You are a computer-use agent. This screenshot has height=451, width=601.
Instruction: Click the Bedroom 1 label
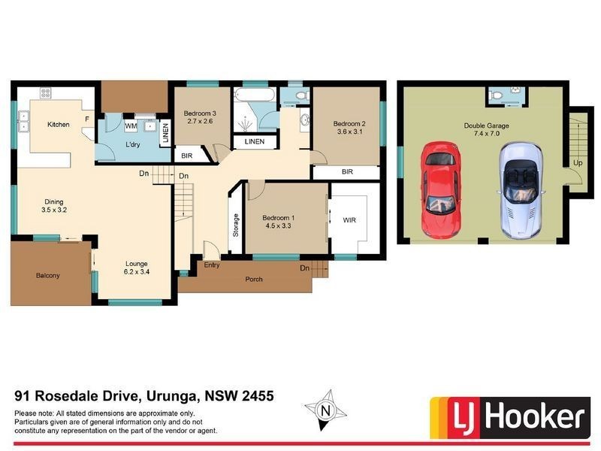pos(278,219)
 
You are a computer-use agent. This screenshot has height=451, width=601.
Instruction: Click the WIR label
pos(349,221)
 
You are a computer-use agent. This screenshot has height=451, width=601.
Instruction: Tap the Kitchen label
pos(59,124)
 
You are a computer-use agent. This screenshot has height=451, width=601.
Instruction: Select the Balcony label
pos(47,276)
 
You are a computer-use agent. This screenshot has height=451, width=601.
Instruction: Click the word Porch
pos(254,280)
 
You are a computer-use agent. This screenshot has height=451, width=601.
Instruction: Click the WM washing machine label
pos(131,126)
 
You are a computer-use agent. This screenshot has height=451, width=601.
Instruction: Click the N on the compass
pos(325,410)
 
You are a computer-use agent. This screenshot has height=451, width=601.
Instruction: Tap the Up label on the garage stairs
pos(577,162)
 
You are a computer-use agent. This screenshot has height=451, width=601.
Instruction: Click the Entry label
pos(212,265)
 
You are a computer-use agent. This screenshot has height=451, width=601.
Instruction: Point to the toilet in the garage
pos(496,95)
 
